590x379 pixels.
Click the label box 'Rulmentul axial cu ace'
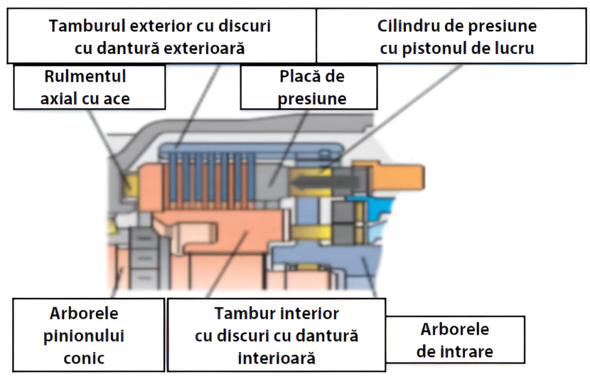89,87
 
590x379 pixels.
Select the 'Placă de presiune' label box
308,87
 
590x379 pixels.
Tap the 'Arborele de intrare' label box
455,340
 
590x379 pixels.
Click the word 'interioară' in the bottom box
277,358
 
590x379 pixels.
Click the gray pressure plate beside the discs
271,179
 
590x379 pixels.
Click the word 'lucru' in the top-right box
513,48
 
